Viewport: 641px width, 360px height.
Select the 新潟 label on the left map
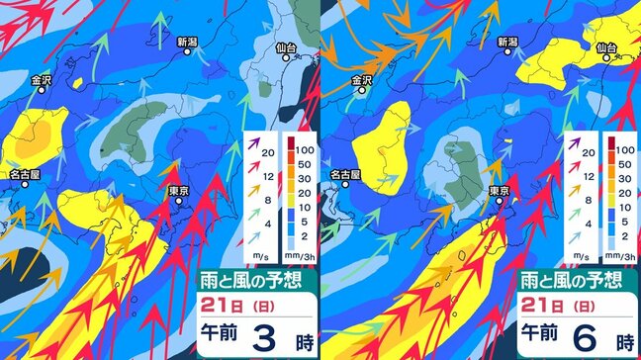[188, 43]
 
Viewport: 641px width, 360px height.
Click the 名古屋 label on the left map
[25, 173]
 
